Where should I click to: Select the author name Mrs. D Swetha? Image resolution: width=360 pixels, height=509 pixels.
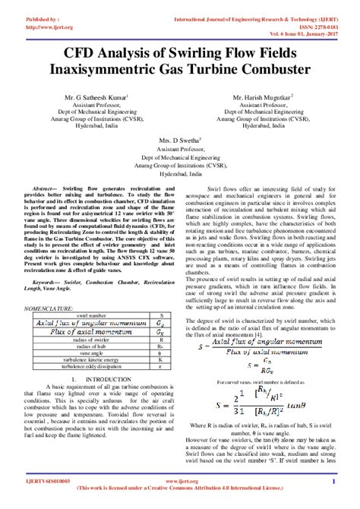181,141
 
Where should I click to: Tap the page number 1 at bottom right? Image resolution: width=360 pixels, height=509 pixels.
333,481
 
